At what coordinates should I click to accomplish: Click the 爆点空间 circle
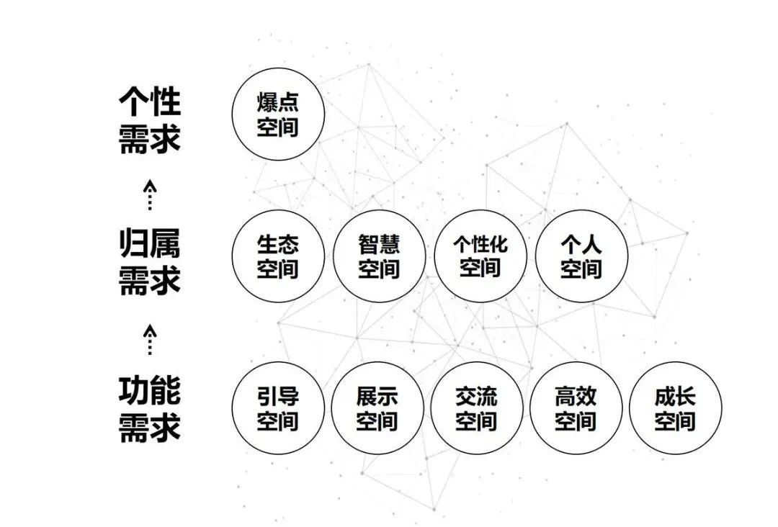point(278,114)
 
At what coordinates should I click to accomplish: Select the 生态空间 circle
point(278,256)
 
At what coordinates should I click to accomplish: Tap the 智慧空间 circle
point(379,256)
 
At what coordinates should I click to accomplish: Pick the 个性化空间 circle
point(480,256)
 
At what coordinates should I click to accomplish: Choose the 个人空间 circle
point(581,256)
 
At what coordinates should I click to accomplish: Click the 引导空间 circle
point(278,408)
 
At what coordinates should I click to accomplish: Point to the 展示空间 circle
point(377,408)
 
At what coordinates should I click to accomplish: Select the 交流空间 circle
point(477,408)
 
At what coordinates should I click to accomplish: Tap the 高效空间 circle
point(576,408)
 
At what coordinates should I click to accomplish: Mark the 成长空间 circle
point(675,408)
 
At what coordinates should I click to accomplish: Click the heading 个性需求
point(149,120)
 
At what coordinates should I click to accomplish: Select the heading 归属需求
point(149,262)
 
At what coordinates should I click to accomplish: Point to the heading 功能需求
point(149,410)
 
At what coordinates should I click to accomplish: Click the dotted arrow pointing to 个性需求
point(149,195)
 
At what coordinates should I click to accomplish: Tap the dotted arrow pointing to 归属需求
point(149,340)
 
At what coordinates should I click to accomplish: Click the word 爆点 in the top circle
point(278,103)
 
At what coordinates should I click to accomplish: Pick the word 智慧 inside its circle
point(379,244)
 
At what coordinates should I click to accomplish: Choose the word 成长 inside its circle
point(675,396)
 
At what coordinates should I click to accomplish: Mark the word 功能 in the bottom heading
point(149,391)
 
